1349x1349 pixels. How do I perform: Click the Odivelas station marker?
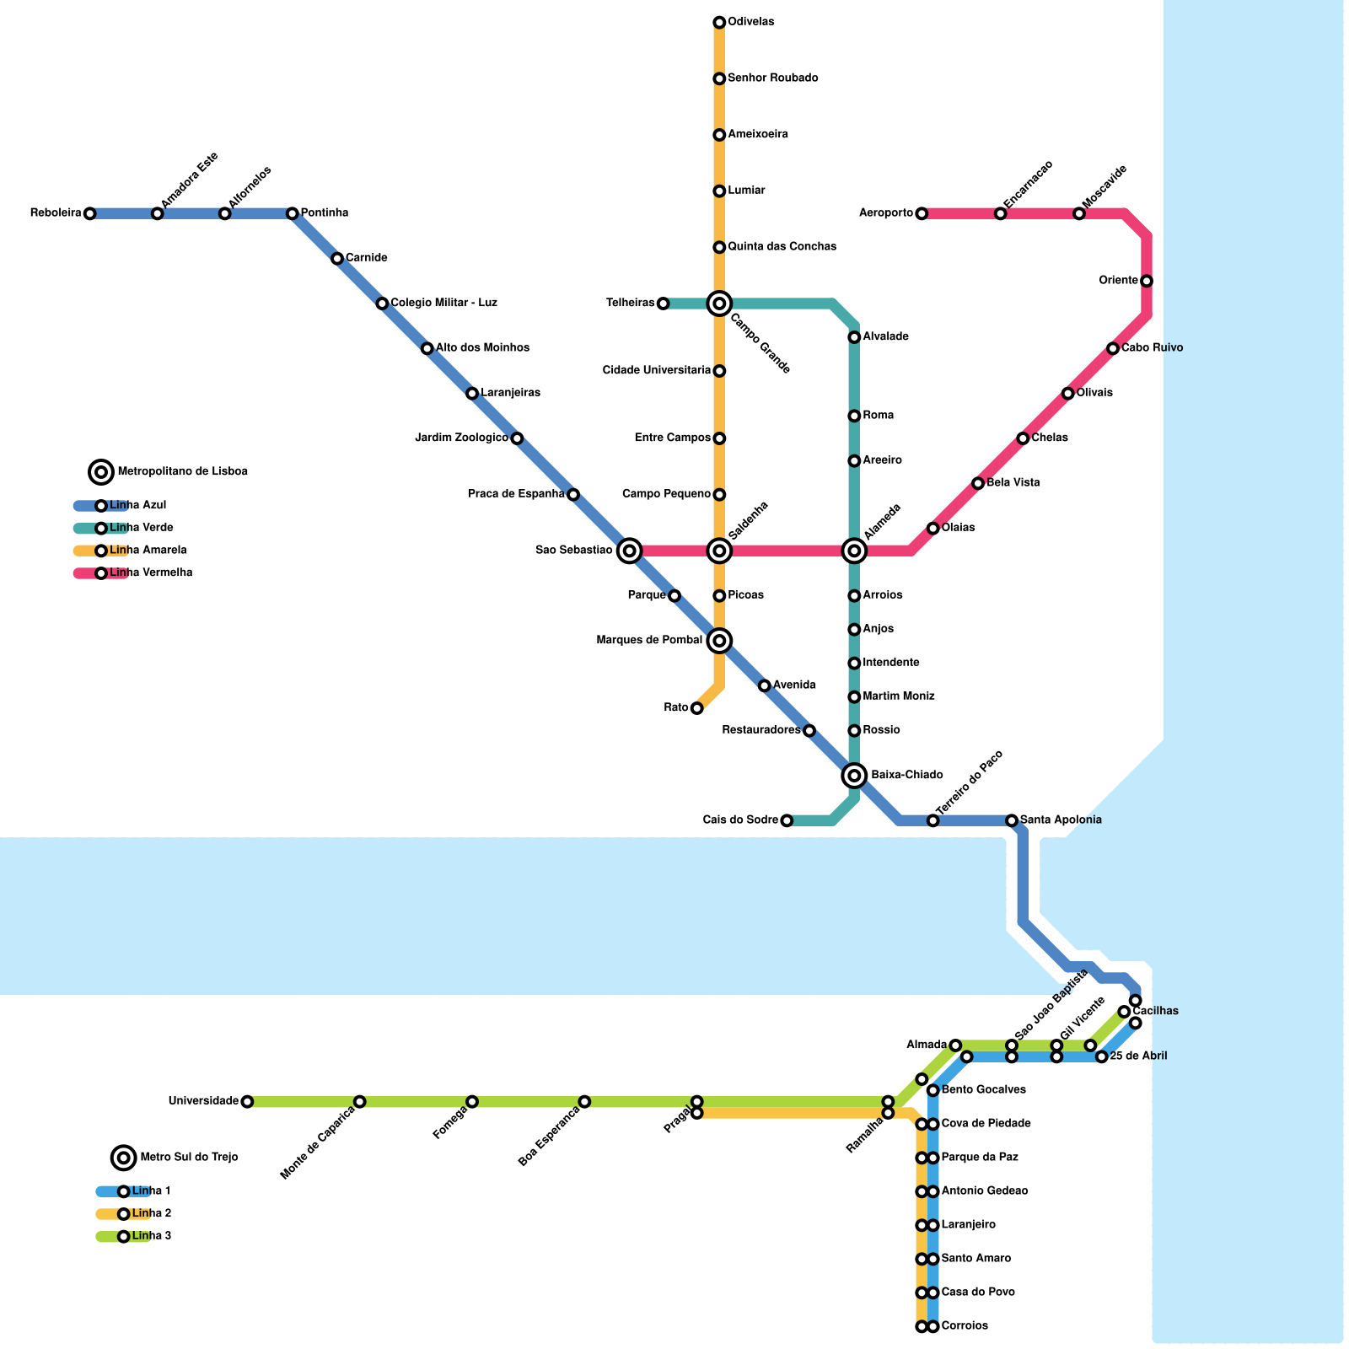[719, 22]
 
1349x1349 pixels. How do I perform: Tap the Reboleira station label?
[56, 213]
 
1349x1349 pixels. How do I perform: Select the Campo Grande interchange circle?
[719, 304]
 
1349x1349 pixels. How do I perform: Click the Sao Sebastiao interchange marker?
[629, 551]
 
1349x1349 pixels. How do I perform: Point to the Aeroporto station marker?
[922, 214]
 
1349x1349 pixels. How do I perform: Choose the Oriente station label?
[1119, 281]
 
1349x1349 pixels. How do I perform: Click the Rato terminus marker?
[696, 708]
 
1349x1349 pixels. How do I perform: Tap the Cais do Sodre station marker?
[787, 820]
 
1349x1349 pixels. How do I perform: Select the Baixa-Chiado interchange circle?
[854, 776]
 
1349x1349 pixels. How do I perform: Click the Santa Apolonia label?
[1061, 820]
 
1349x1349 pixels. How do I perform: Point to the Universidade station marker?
[247, 1102]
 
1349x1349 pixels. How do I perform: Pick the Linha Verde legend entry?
[141, 529]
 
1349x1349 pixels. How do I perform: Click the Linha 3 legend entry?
[151, 1237]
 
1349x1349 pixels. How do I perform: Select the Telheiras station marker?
[663, 304]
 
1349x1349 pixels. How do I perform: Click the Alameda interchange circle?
[854, 551]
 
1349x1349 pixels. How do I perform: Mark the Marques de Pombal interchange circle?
[719, 641]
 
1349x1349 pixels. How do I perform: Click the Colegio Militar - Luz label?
[444, 304]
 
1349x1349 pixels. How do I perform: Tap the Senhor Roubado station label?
[773, 78]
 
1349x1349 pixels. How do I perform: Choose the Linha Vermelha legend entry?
[151, 573]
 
